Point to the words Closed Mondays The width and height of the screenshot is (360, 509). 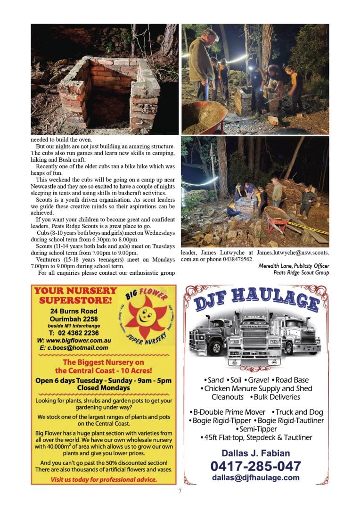(103, 388)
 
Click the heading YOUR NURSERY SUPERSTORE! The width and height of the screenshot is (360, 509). (75, 295)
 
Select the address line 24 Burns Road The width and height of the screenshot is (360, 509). (74, 311)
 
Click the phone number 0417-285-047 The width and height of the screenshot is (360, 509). (255, 466)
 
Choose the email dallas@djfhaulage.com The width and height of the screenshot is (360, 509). (255, 477)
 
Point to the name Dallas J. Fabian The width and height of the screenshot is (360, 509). (255, 453)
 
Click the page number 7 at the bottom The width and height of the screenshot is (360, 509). (180, 491)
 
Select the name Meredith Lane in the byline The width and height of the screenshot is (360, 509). (274, 266)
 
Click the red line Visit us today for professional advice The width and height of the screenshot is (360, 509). (104, 480)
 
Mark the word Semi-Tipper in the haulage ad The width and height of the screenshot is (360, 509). (256, 429)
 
